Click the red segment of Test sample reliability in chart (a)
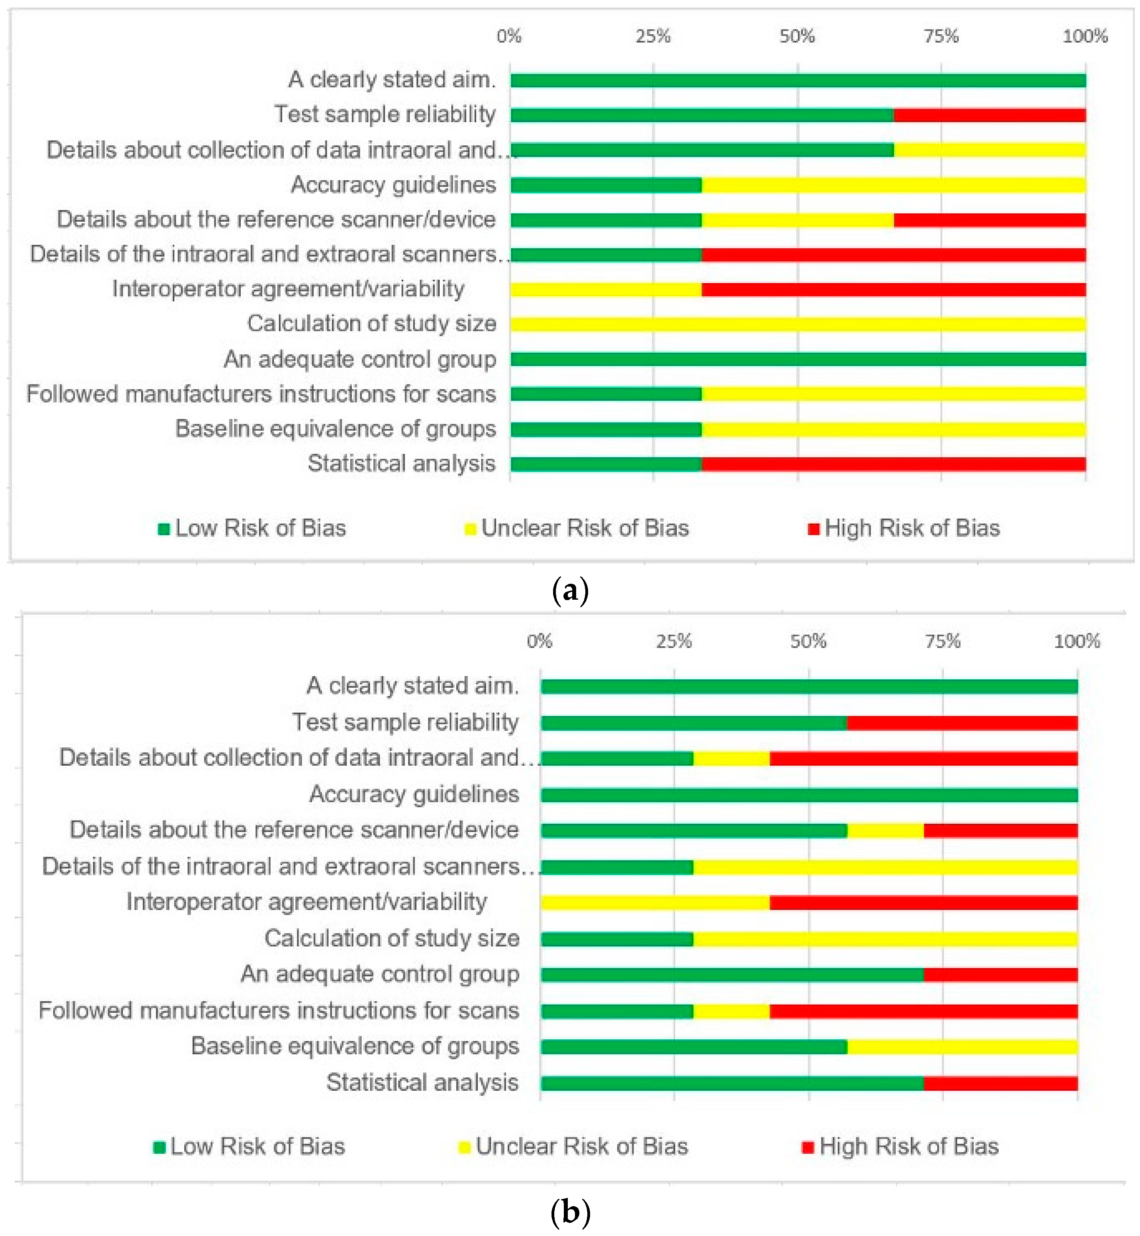pyautogui.click(x=990, y=115)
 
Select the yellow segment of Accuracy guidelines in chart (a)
pyautogui.click(x=893, y=185)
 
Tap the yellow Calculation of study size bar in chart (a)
pyautogui.click(x=798, y=324)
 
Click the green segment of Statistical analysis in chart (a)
pyautogui.click(x=606, y=464)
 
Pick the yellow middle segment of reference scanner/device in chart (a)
pyautogui.click(x=798, y=220)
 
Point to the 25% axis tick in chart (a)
pyautogui.click(x=653, y=36)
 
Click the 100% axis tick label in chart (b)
pyautogui.click(x=1076, y=642)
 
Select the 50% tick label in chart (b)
pyautogui.click(x=808, y=642)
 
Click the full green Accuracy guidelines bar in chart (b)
pyautogui.click(x=809, y=795)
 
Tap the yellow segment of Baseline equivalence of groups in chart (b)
pyautogui.click(x=963, y=1047)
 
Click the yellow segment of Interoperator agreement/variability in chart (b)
pyautogui.click(x=655, y=903)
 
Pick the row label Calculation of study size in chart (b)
pyautogui.click(x=392, y=939)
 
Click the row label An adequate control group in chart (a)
pyautogui.click(x=360, y=359)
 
